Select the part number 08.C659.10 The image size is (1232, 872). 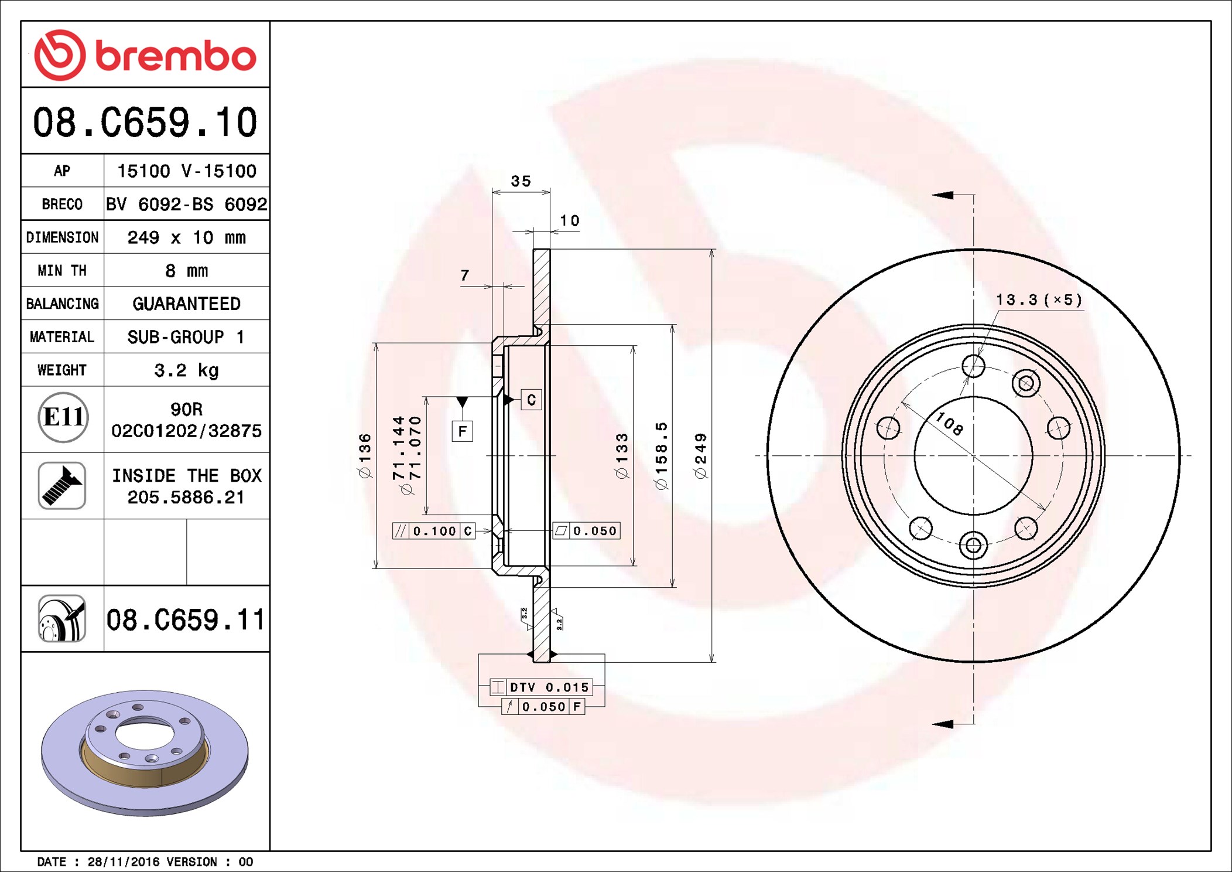(x=145, y=122)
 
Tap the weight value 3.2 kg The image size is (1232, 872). (x=186, y=370)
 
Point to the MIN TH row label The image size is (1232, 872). (x=62, y=270)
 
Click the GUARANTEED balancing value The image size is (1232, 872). (x=186, y=304)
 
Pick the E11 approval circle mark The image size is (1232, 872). (x=63, y=417)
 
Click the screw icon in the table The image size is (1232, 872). (x=62, y=485)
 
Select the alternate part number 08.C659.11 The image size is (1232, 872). (x=186, y=619)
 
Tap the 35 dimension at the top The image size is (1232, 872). (x=521, y=181)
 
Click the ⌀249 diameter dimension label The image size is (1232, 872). (x=700, y=456)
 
